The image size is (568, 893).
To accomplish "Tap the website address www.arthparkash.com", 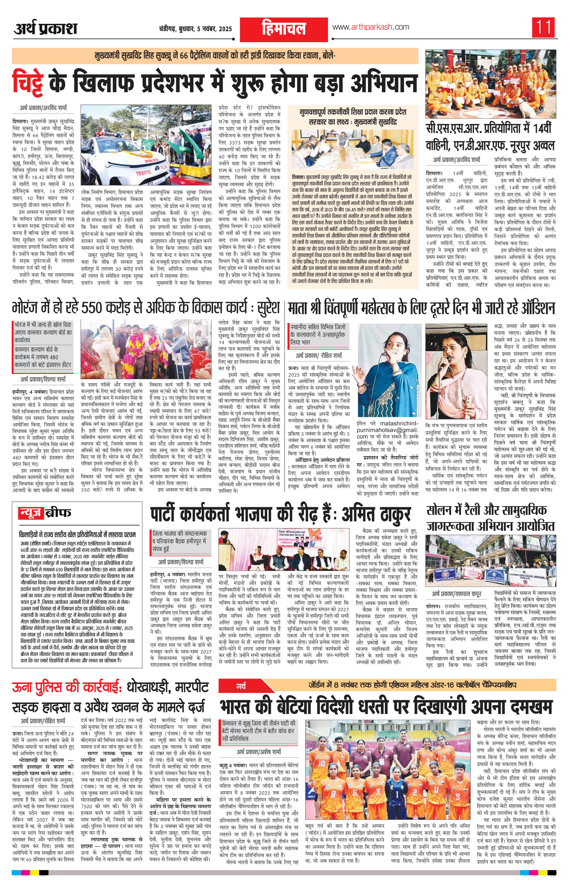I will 370,27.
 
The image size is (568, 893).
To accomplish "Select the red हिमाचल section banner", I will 284,29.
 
